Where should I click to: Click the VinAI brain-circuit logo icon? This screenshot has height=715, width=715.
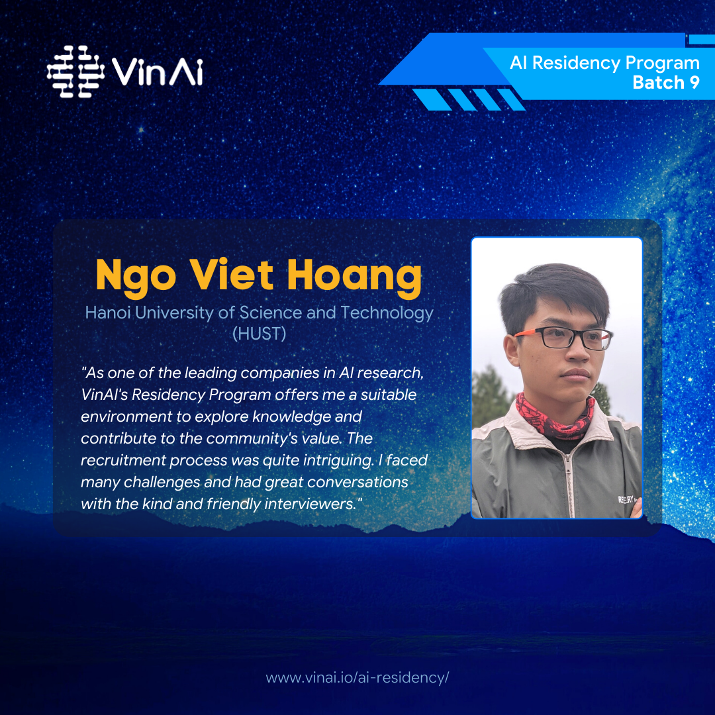[x=75, y=71]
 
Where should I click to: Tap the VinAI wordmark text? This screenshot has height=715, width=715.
[x=157, y=71]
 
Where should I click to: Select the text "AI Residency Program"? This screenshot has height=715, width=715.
[x=604, y=64]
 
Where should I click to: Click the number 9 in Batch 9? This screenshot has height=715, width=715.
[x=694, y=83]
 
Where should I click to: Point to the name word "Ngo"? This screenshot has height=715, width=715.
[x=136, y=276]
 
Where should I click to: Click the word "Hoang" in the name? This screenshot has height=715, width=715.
[x=354, y=276]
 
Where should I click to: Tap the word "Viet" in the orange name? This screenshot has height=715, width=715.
[x=232, y=274]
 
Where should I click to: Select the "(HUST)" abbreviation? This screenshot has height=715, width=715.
[x=259, y=334]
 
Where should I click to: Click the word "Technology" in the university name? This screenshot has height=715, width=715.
[x=387, y=313]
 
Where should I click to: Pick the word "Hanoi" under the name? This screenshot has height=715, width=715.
[x=108, y=312]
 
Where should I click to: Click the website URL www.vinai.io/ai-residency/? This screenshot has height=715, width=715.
[x=357, y=678]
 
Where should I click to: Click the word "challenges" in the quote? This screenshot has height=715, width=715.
[x=162, y=483]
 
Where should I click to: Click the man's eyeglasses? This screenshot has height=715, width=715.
[x=563, y=338]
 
